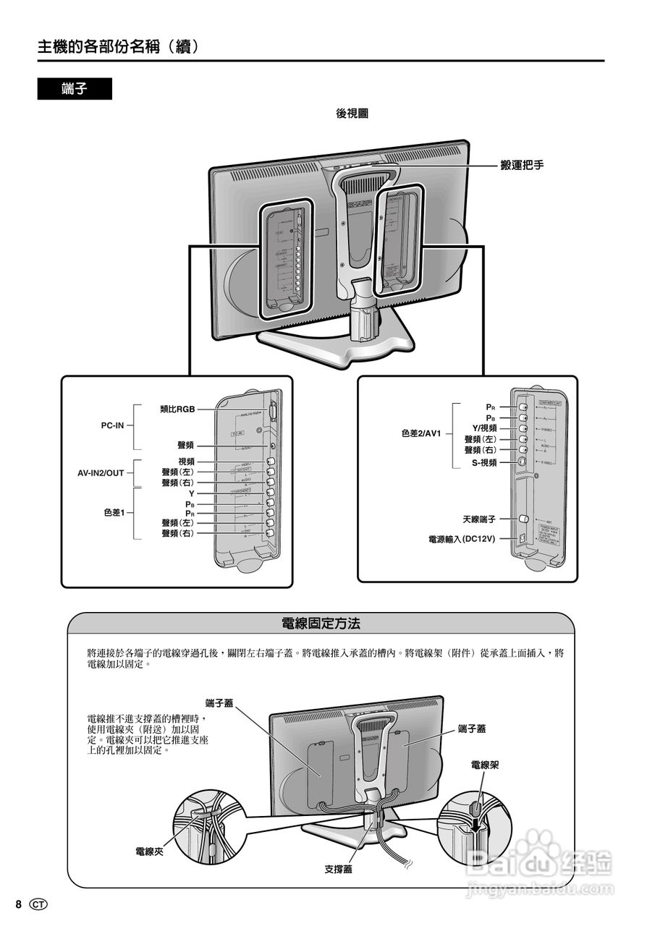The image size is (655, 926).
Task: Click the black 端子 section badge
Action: point(75,89)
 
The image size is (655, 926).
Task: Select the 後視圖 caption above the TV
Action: point(352,114)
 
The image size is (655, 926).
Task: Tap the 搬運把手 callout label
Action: point(522,166)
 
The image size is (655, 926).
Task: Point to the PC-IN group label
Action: point(113,425)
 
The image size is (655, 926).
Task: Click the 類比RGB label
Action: point(177,409)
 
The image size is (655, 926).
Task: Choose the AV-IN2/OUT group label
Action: point(101,473)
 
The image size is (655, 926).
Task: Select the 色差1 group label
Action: point(114,512)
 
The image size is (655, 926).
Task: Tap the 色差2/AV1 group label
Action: point(423,433)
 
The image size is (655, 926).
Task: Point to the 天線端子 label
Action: point(479,519)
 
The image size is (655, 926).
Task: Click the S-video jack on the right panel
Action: point(522,462)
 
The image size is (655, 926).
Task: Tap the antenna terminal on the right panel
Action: point(523,519)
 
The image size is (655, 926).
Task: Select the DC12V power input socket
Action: point(523,538)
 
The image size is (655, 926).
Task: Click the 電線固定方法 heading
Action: point(321,622)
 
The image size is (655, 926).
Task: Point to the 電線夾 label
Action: point(150,851)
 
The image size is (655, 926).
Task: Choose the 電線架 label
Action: point(484,765)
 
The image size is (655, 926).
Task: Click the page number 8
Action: point(20,904)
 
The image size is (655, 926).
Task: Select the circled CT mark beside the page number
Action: point(39,904)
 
